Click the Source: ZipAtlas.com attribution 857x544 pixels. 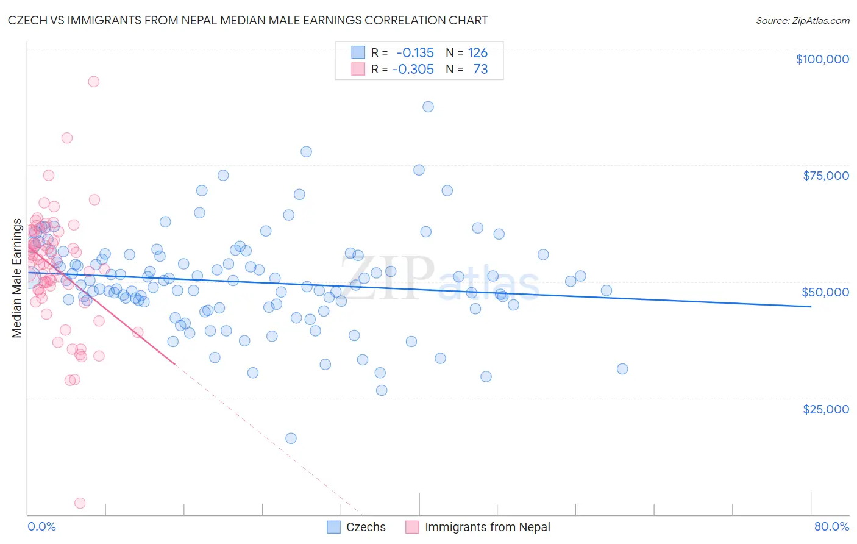(802, 20)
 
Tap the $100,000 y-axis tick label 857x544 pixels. (822, 59)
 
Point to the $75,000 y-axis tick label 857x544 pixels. (826, 176)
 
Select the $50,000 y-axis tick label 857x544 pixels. (825, 292)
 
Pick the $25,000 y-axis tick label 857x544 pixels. (826, 409)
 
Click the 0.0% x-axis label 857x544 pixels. (41, 526)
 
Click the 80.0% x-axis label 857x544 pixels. (831, 526)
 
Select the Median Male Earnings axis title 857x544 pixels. (17, 278)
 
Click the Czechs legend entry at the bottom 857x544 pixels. (366, 527)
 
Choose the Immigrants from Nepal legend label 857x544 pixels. (487, 527)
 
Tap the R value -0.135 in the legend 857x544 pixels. (415, 53)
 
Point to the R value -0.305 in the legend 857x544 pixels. (413, 69)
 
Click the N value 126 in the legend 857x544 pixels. (478, 53)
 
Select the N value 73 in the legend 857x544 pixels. (480, 69)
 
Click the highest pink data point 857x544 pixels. (93, 81)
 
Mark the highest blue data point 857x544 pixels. (428, 107)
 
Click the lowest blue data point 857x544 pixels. (291, 438)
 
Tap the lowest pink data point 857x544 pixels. (80, 503)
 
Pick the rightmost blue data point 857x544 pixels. (622, 369)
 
